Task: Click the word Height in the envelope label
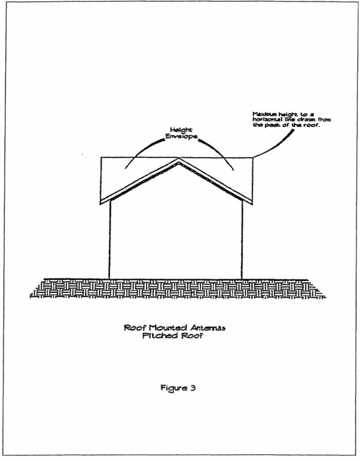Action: coord(179,130)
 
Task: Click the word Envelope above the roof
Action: coord(179,137)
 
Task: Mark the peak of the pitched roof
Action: coord(179,161)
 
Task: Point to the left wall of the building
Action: coord(110,238)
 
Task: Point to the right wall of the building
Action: coord(242,238)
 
